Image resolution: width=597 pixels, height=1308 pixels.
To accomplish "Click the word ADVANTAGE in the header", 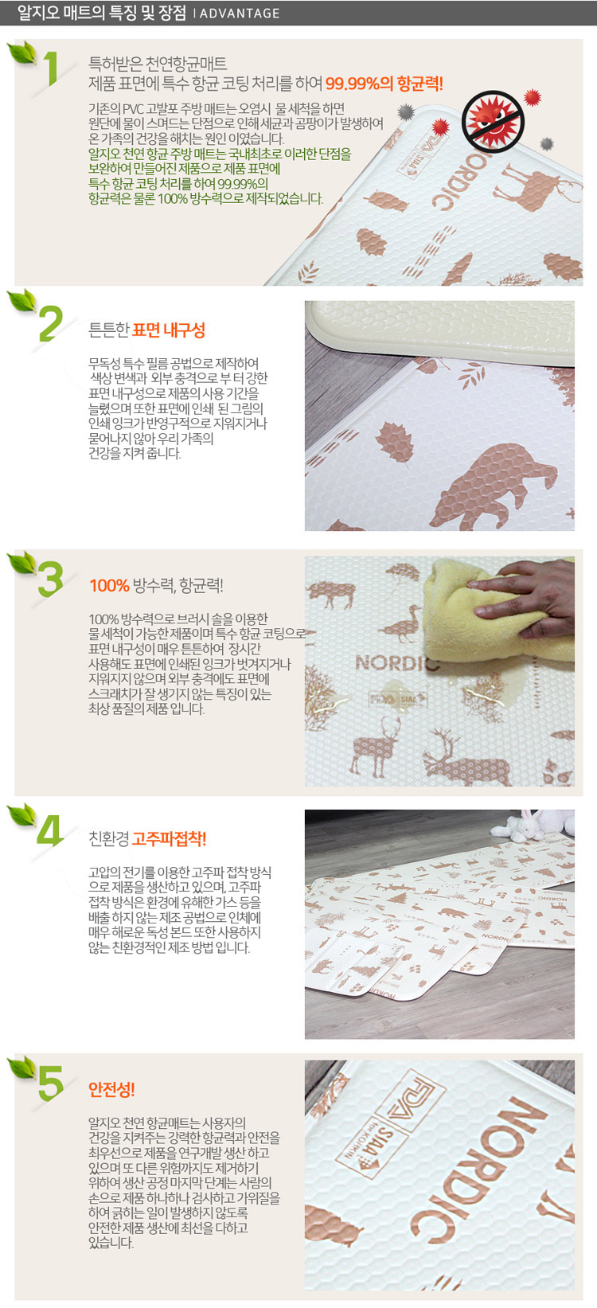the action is (240, 13).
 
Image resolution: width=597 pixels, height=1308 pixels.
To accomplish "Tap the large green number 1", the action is (52, 68).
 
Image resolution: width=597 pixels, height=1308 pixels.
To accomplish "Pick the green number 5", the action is (51, 1083).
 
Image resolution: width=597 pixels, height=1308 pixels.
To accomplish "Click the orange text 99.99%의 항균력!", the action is (384, 84).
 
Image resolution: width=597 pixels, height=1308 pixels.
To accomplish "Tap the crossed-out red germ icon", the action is (494, 122).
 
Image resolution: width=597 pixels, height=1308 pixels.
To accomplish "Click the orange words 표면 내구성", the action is (169, 330).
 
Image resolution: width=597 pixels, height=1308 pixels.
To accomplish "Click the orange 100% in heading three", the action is (109, 585).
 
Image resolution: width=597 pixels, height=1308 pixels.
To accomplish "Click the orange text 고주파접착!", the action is (169, 839).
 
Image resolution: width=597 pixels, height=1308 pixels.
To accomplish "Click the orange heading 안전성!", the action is (111, 1089).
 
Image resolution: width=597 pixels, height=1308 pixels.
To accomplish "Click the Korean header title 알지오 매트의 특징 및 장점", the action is (102, 13).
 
